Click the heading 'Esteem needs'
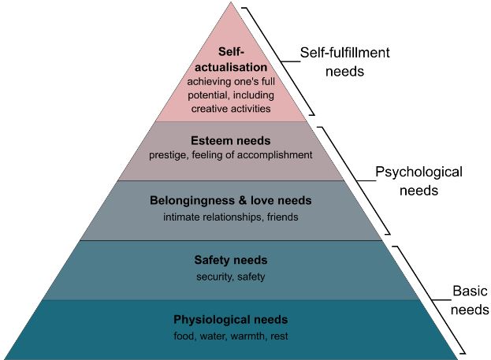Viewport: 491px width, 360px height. pyautogui.click(x=231, y=140)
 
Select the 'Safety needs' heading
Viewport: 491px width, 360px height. pyautogui.click(x=231, y=260)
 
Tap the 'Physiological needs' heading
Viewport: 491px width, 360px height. pyautogui.click(x=231, y=320)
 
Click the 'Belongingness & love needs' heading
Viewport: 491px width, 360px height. pyautogui.click(x=231, y=200)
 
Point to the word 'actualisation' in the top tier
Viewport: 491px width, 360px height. pyautogui.click(x=231, y=67)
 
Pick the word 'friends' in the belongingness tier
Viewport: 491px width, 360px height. pyautogui.click(x=282, y=217)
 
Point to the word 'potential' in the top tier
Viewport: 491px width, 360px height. pyautogui.click(x=209, y=95)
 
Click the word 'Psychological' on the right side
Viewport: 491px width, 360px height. pyautogui.click(x=418, y=173)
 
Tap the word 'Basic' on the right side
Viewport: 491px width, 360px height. pyautogui.click(x=470, y=291)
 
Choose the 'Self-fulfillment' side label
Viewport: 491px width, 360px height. pyautogui.click(x=344, y=53)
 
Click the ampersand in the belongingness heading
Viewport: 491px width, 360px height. pyautogui.click(x=243, y=200)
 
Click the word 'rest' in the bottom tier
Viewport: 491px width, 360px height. pyautogui.click(x=279, y=336)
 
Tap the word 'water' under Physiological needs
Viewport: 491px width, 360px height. pyautogui.click(x=212, y=336)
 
